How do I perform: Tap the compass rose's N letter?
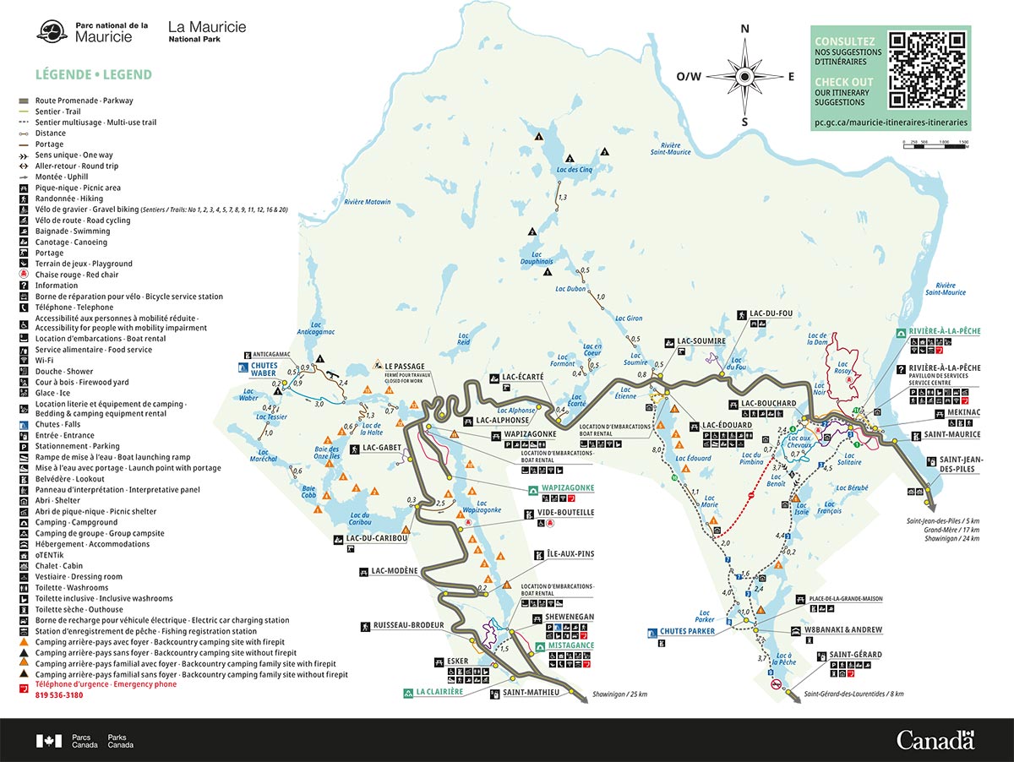pos(744,29)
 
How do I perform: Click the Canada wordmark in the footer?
pos(935,741)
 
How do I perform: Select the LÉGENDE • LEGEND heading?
pos(94,74)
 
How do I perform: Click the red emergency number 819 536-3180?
pos(59,695)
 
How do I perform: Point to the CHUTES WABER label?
pos(263,370)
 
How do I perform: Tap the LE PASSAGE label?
pos(405,367)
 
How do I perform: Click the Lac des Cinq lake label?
pos(575,170)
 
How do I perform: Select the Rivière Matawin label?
pos(368,202)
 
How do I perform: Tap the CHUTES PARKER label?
pos(687,631)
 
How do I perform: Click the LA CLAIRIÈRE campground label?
pos(439,692)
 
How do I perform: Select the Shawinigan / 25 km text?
pos(619,694)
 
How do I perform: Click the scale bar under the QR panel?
pos(935,147)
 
